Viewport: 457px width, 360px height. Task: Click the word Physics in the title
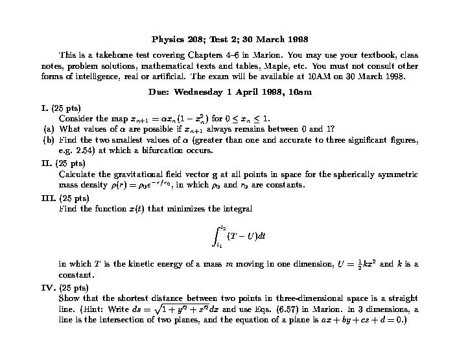coord(166,39)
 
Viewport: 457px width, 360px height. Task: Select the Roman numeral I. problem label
coord(43,107)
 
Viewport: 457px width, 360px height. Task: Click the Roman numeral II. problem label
coord(45,163)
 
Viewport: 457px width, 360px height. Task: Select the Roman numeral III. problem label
coord(47,198)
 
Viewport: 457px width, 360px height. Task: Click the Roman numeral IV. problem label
coord(47,287)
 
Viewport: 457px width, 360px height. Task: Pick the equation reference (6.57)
coord(290,309)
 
